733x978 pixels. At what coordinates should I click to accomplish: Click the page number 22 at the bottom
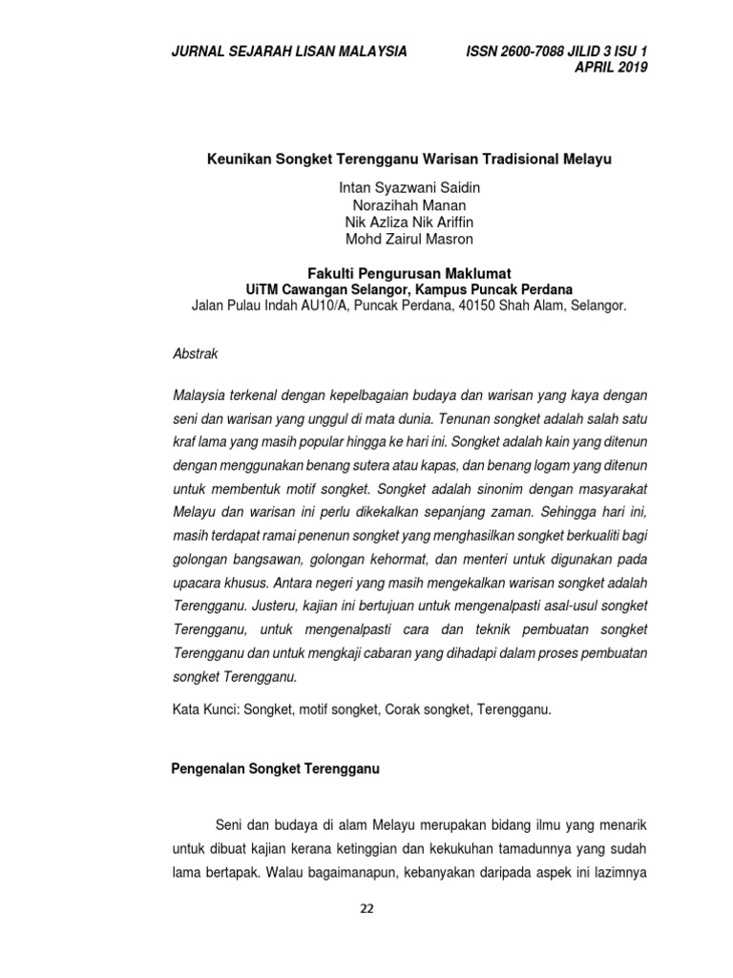click(366, 907)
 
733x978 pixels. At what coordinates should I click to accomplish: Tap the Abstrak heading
click(196, 353)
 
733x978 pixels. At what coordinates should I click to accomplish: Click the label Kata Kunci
click(205, 710)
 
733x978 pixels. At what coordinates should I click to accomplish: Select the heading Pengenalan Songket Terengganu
click(275, 770)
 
